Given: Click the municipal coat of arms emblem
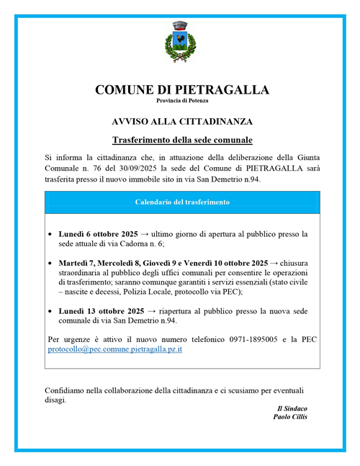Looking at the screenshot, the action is pos(181,42).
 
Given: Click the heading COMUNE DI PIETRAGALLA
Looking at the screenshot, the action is pos(182,90).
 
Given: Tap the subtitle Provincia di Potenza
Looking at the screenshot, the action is pos(182,102).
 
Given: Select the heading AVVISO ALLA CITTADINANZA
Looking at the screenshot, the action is pos(182,122).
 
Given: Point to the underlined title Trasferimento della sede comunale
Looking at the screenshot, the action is pos(182,139).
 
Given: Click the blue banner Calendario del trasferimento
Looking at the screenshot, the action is pos(182,202).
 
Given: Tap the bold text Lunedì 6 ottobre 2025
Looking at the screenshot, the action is pos(98,234).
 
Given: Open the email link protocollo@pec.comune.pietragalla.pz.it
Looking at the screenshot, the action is pos(114,349).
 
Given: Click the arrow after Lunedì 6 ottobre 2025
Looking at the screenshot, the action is pos(144,234).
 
